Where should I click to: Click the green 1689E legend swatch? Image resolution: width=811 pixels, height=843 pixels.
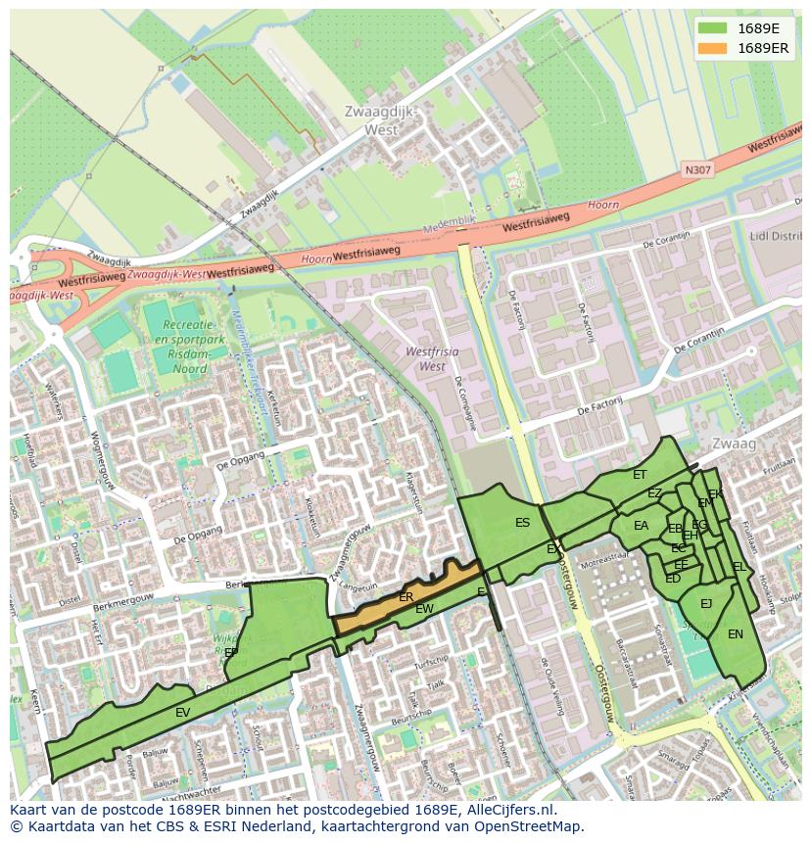713,28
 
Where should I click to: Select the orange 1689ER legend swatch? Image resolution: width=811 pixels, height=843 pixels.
713,48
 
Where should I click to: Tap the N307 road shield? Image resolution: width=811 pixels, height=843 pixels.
698,170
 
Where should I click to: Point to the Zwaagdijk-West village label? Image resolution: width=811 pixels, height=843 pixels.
381,120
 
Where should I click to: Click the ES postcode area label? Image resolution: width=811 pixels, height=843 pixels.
523,523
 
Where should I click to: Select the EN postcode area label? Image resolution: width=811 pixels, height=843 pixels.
736,634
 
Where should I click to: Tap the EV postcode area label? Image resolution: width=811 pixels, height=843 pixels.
182,713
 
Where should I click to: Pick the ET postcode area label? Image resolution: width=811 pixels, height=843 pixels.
640,475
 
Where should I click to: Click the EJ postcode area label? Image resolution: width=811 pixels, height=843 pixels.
706,604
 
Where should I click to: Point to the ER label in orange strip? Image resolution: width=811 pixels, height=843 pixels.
406,596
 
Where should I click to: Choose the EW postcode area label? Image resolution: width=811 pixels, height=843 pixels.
424,609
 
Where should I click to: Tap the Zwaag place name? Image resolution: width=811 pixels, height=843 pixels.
735,444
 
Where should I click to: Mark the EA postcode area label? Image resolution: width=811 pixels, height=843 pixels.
641,526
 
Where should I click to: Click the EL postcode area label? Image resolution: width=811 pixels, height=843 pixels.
739,567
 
